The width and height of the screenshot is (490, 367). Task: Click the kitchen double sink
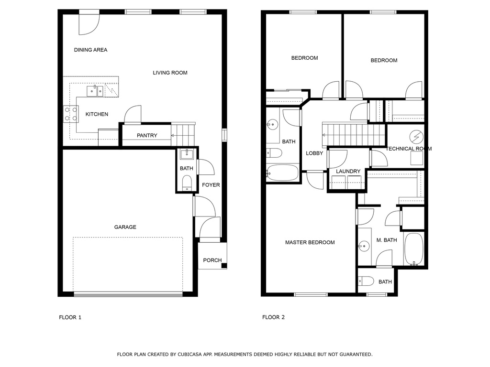pos(95,91)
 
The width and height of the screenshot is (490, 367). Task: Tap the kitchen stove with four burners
pos(71,114)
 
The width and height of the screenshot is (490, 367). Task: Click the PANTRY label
pos(147,135)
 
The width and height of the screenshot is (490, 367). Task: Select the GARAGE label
pos(125,227)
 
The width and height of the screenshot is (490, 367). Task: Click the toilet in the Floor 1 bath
pos(187,183)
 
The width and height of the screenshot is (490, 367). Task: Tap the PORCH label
pos(212,260)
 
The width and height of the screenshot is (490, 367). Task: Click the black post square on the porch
pos(224,266)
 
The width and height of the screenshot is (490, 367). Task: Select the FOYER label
pos(211,185)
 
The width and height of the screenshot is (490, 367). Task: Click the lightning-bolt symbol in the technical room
pos(416,137)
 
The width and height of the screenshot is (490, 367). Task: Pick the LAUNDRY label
pos(348,172)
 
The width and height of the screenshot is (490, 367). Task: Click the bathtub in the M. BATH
pos(414,248)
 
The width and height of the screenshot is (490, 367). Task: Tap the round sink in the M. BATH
pos(364,246)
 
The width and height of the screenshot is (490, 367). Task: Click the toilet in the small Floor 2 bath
pos(366,281)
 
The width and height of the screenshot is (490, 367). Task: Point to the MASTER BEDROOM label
pos(310,242)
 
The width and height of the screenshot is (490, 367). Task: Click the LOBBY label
pos(314,153)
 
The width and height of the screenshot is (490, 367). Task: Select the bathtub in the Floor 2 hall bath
pos(282,173)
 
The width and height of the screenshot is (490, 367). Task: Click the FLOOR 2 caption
pos(273,317)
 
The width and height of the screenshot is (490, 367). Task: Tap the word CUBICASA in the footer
pos(189,355)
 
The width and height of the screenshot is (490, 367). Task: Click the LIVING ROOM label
pos(170,73)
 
